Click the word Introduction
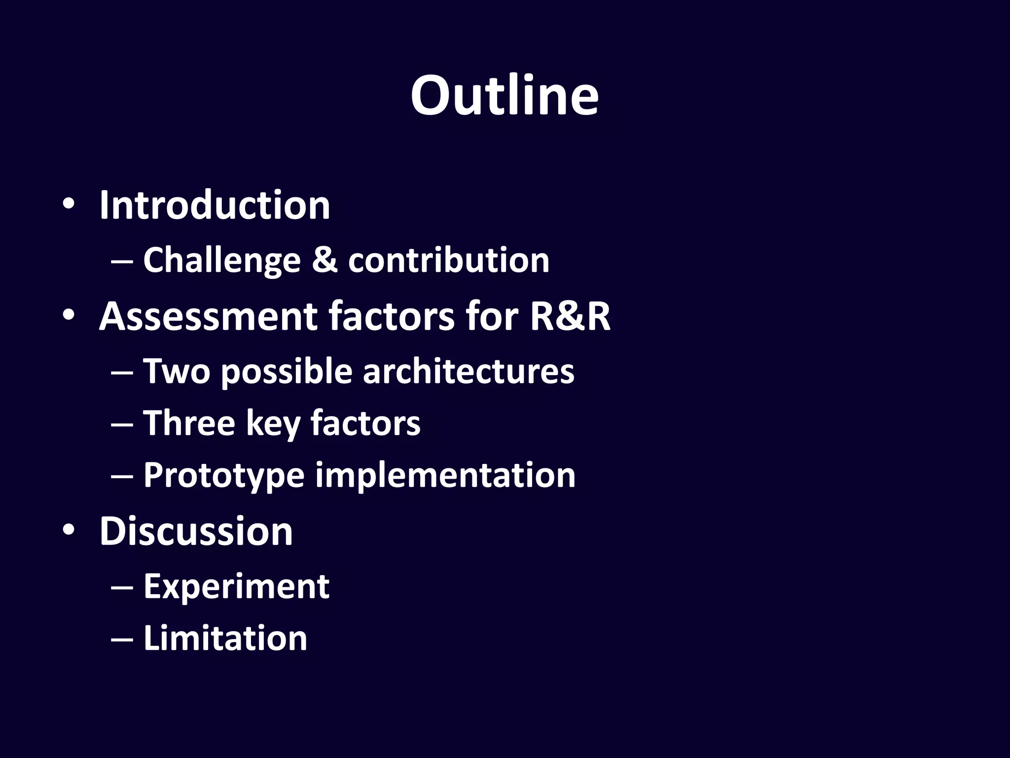(215, 205)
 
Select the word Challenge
(222, 261)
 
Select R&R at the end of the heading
(570, 316)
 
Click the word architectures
(469, 371)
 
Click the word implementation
(445, 475)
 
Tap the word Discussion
(196, 531)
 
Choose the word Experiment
(236, 587)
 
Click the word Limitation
(225, 638)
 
